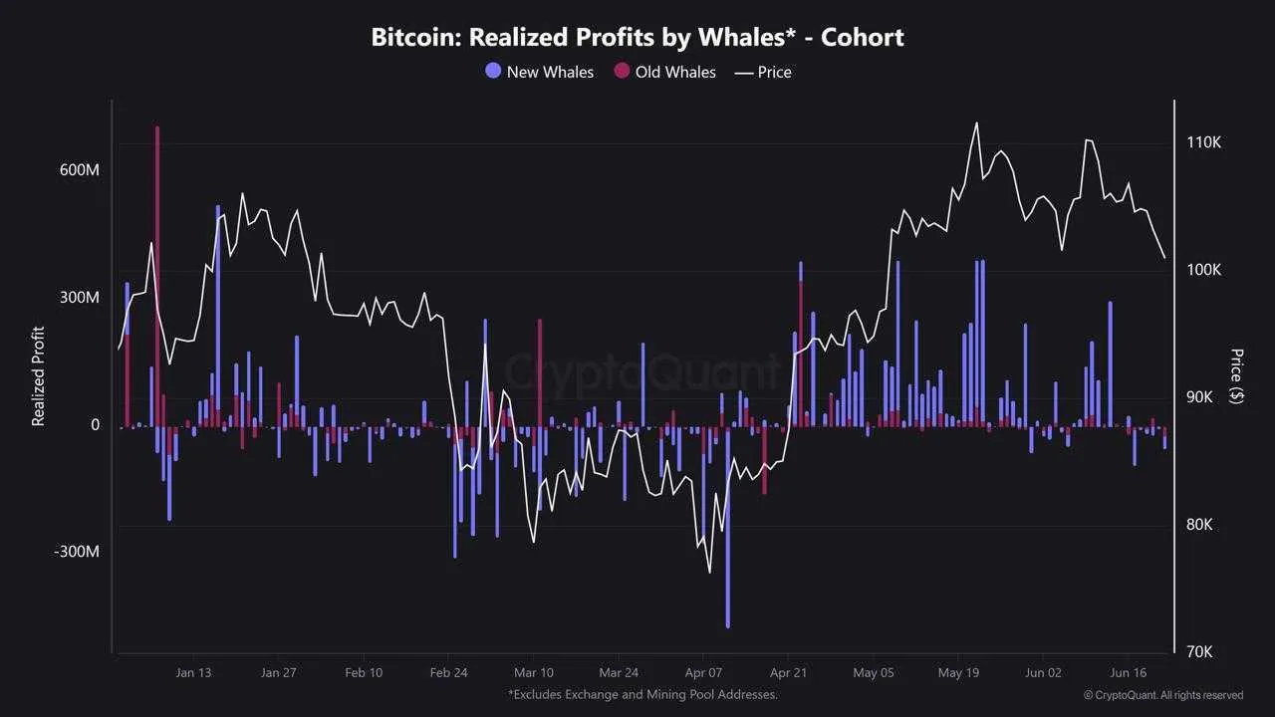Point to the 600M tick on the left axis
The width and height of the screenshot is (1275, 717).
[80, 170]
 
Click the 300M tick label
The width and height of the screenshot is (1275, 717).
[80, 298]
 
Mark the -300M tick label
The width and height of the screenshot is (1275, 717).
[77, 552]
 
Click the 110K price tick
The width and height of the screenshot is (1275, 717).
[1203, 142]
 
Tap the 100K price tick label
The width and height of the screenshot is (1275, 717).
[1203, 270]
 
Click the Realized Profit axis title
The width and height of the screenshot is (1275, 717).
[39, 376]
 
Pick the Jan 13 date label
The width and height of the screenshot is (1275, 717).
[192, 672]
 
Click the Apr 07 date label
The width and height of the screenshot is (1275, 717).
[703, 672]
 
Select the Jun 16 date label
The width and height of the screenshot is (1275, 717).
[1129, 672]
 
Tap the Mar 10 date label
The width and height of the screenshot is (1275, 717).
[533, 672]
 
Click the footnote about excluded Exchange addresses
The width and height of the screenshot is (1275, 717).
[642, 694]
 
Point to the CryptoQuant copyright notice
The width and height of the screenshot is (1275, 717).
[1163, 695]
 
